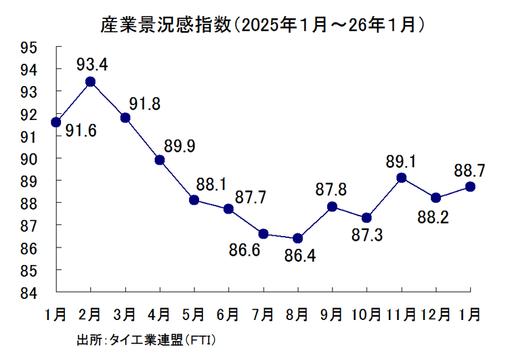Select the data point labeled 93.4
(x=90, y=82)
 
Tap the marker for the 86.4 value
(x=298, y=238)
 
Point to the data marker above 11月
(x=402, y=178)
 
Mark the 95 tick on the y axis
(x=46, y=47)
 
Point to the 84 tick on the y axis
(x=46, y=293)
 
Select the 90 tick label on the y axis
(x=46, y=159)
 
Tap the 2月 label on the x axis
(x=89, y=315)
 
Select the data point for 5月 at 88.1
(x=194, y=200)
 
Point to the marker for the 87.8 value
(x=333, y=207)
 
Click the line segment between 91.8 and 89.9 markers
(x=142, y=139)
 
